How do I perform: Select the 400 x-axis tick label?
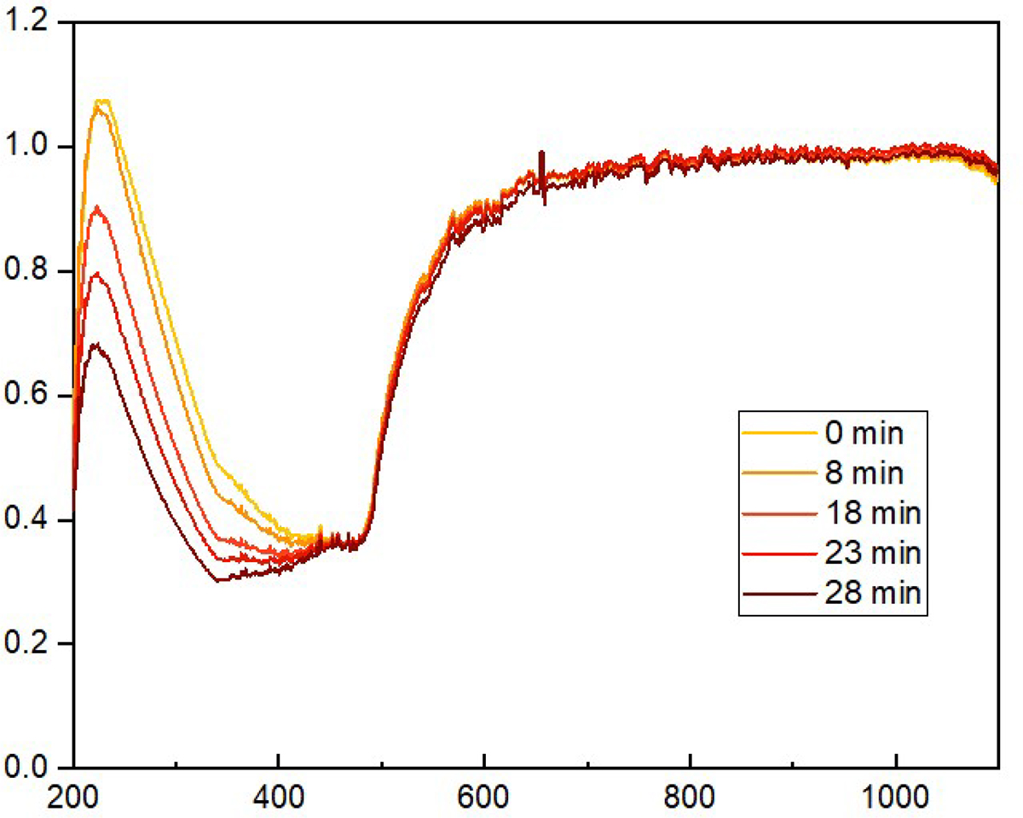pyautogui.click(x=279, y=799)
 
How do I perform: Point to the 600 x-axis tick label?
pyautogui.click(x=484, y=799)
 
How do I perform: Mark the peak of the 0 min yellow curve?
pyautogui.click(x=103, y=101)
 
